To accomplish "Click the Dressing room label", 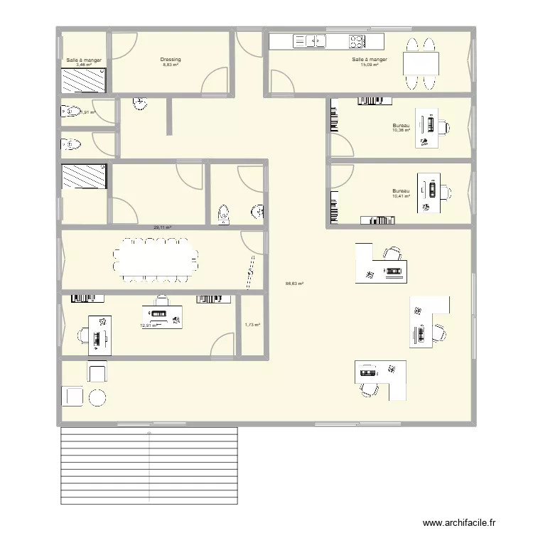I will coord(171,60).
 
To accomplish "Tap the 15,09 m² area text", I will coord(370,65).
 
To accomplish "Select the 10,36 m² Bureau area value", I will coord(401,131).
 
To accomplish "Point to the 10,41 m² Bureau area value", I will coord(401,196).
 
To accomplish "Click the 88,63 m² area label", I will coord(294,284).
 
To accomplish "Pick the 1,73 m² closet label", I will coord(252,325).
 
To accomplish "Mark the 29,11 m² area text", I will coord(163,227).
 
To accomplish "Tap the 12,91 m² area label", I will coord(149,325).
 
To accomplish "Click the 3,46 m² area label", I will coord(84,65).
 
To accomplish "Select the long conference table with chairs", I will coord(156,259).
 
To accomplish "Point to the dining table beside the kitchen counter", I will coord(420,65).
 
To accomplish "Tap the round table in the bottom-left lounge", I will coord(97,397).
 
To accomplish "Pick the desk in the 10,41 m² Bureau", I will coord(429,191).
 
